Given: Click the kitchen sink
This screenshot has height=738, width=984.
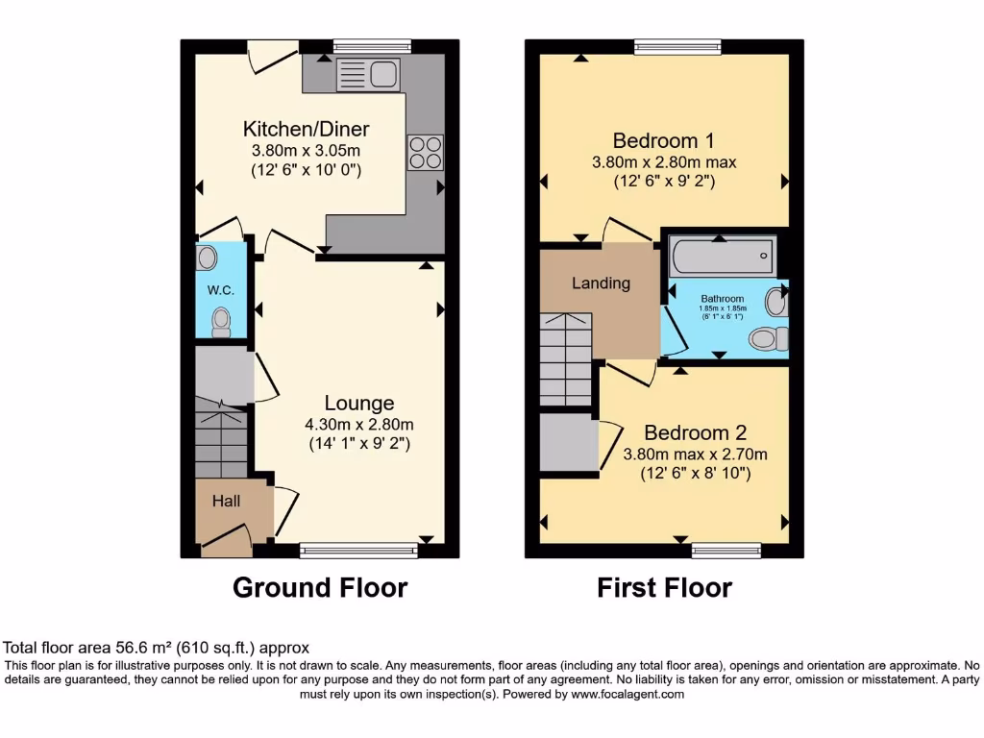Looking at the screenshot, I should (x=368, y=73).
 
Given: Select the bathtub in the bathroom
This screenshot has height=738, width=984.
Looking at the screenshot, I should (x=722, y=255).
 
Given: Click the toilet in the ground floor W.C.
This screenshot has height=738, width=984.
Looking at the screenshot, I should (x=222, y=320).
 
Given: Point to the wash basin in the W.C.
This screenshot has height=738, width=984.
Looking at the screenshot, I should (x=208, y=258).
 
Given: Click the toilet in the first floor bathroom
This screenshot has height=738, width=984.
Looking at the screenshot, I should (x=767, y=338).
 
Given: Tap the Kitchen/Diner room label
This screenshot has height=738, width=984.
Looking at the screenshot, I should (x=306, y=129).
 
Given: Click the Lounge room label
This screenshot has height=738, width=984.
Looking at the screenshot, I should (x=358, y=403).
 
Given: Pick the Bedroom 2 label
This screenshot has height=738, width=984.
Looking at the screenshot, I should (x=695, y=432).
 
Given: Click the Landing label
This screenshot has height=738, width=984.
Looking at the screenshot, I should (x=601, y=283).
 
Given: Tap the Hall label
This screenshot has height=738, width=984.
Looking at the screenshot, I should (x=226, y=501).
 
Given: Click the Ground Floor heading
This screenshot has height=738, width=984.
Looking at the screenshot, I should (x=320, y=587).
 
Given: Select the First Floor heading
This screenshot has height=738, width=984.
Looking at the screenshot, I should (x=664, y=587).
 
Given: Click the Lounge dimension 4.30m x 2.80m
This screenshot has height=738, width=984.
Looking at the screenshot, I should (x=358, y=425).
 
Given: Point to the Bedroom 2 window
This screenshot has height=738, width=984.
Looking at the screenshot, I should (x=726, y=551).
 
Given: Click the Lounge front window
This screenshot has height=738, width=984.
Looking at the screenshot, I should (x=358, y=551).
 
